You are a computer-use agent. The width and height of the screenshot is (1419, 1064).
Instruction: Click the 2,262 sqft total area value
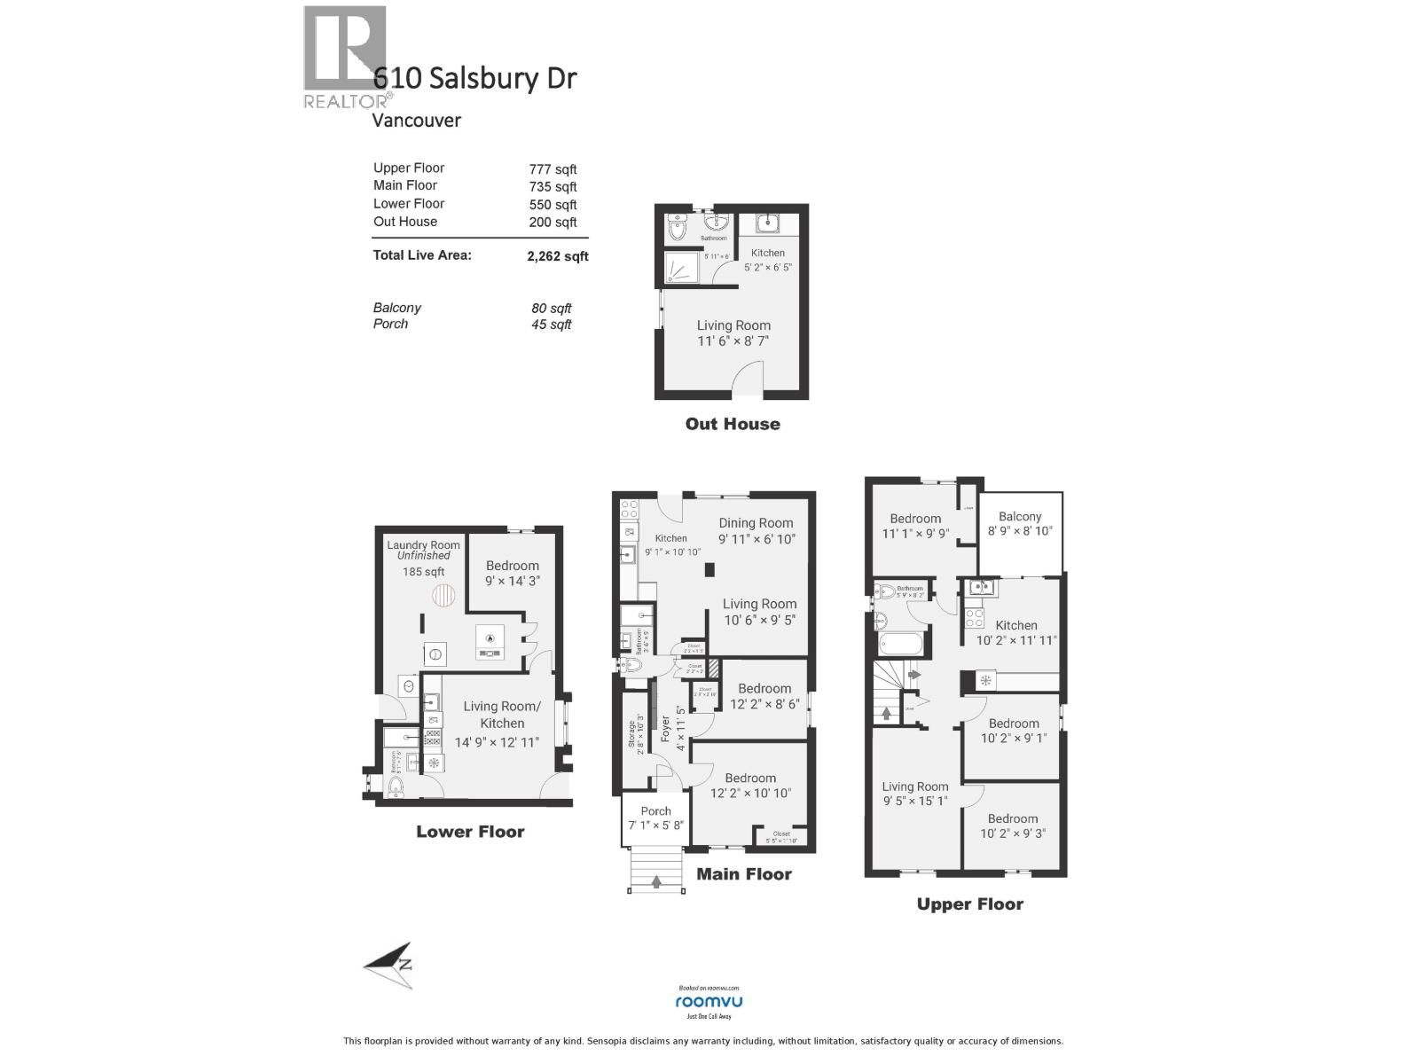[557, 256]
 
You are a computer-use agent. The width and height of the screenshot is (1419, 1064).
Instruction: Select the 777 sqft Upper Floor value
[553, 169]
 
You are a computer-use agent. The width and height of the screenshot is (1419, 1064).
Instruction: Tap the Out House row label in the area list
[404, 222]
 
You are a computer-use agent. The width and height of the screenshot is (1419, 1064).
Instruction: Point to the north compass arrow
[389, 966]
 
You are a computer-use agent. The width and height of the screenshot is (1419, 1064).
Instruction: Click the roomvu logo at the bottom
[709, 1002]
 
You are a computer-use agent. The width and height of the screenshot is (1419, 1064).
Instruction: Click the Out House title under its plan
[733, 424]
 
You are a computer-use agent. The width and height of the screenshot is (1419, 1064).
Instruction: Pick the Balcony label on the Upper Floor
[1019, 516]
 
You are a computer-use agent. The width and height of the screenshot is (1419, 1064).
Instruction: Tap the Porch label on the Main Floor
[655, 810]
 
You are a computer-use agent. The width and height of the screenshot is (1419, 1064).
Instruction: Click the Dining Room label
[756, 523]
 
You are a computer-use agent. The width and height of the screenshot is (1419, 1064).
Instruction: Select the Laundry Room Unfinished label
[423, 550]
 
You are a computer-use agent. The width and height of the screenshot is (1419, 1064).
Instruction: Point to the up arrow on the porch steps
[656, 881]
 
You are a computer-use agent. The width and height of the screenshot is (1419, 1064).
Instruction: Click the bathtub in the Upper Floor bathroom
[901, 644]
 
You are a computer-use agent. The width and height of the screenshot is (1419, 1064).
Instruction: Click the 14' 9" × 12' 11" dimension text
[497, 742]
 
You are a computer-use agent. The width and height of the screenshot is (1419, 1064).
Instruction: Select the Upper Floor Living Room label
[914, 786]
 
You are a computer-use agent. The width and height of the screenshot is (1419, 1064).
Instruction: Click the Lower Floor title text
[470, 832]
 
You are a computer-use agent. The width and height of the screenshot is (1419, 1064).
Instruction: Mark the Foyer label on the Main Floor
[665, 729]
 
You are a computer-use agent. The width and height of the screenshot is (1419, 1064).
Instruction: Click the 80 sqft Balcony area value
[551, 309]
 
